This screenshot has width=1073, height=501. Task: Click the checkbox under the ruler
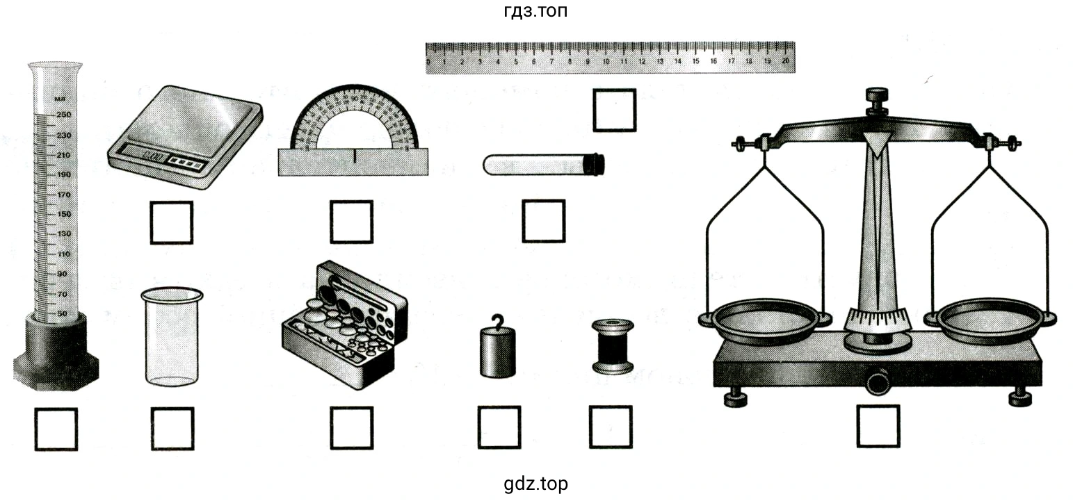point(614,110)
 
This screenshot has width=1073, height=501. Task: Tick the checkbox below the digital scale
point(171,222)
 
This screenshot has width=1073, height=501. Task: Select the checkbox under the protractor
point(351,222)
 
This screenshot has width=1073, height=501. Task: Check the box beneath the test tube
point(543,221)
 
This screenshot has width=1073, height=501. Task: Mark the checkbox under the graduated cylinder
point(56,429)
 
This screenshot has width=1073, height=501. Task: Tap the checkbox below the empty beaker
point(172,428)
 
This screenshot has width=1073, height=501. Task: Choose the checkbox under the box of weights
point(351,428)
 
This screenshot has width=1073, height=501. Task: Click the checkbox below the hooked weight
point(499,427)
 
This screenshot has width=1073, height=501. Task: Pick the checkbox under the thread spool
point(611,427)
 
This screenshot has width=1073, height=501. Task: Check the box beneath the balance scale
point(878,426)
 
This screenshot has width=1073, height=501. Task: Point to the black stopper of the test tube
point(595,165)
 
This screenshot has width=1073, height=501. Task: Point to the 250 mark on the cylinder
point(63,115)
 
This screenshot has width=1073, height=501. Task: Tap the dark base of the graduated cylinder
point(56,351)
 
